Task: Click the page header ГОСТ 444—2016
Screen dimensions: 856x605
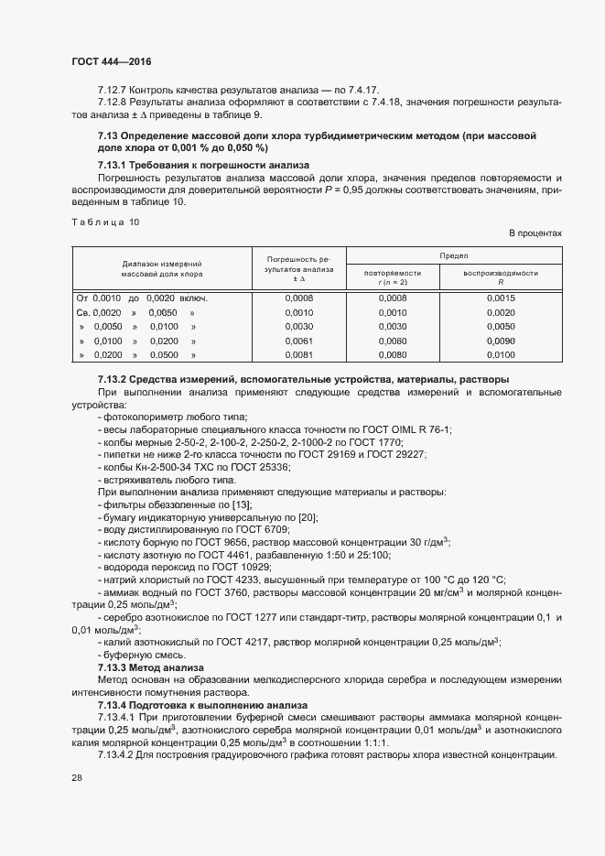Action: click(111, 61)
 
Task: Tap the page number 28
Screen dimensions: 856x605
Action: click(77, 778)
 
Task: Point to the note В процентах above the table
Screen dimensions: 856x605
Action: click(535, 233)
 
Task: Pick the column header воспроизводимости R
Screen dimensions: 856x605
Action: click(501, 277)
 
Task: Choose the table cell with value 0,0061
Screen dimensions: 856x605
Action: click(299, 340)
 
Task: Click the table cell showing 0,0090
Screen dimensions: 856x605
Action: click(501, 340)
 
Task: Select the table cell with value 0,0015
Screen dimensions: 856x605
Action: click(501, 298)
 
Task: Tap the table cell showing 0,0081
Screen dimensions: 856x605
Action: click(299, 353)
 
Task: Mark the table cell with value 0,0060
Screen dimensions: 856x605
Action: click(392, 340)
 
